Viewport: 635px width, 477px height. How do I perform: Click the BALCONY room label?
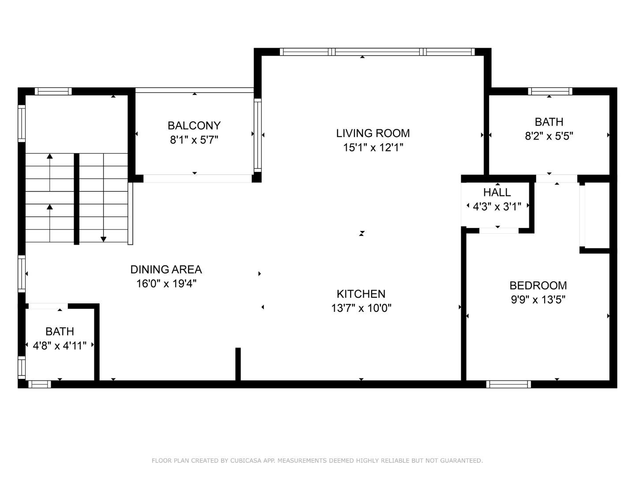tap(194, 126)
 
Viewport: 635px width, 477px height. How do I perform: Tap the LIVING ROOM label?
tap(373, 133)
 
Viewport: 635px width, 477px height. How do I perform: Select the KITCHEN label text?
tap(361, 294)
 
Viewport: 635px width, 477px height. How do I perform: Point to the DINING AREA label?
tap(166, 269)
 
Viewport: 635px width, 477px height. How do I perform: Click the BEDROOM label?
tap(538, 286)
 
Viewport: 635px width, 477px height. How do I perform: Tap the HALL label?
tap(497, 193)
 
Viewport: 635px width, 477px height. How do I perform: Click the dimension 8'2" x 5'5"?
tap(549, 136)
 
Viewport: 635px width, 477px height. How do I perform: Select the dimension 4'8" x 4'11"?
tap(60, 346)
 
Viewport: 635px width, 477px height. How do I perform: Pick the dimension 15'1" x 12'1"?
tap(373, 148)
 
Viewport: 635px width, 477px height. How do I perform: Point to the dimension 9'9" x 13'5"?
tap(538, 300)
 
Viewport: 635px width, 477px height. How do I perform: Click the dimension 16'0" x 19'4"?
tap(166, 284)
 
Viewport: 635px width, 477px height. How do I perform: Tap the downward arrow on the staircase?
tap(104, 238)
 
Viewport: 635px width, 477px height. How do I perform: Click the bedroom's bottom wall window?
tap(508, 384)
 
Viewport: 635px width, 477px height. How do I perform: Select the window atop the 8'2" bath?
tap(550, 91)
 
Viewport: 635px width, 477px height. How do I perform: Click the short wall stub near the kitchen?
tap(238, 363)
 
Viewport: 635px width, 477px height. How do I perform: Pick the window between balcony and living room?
tap(258, 135)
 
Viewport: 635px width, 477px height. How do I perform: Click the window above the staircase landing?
tap(53, 91)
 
